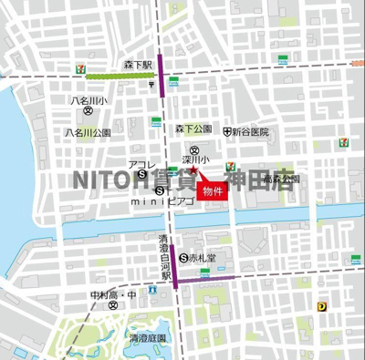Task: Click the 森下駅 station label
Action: pyautogui.click(x=138, y=66)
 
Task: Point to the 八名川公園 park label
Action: pyautogui.click(x=88, y=132)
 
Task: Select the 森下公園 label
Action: pyautogui.click(x=193, y=129)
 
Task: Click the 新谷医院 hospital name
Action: pyautogui.click(x=250, y=132)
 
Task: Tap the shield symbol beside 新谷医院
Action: pyautogui.click(x=225, y=132)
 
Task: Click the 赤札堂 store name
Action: pyautogui.click(x=204, y=258)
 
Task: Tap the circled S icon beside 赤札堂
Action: pyautogui.click(x=184, y=258)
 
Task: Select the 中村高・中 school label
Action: pyautogui.click(x=112, y=295)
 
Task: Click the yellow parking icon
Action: pyautogui.click(x=321, y=308)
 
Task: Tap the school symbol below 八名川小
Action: pyautogui.click(x=88, y=112)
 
